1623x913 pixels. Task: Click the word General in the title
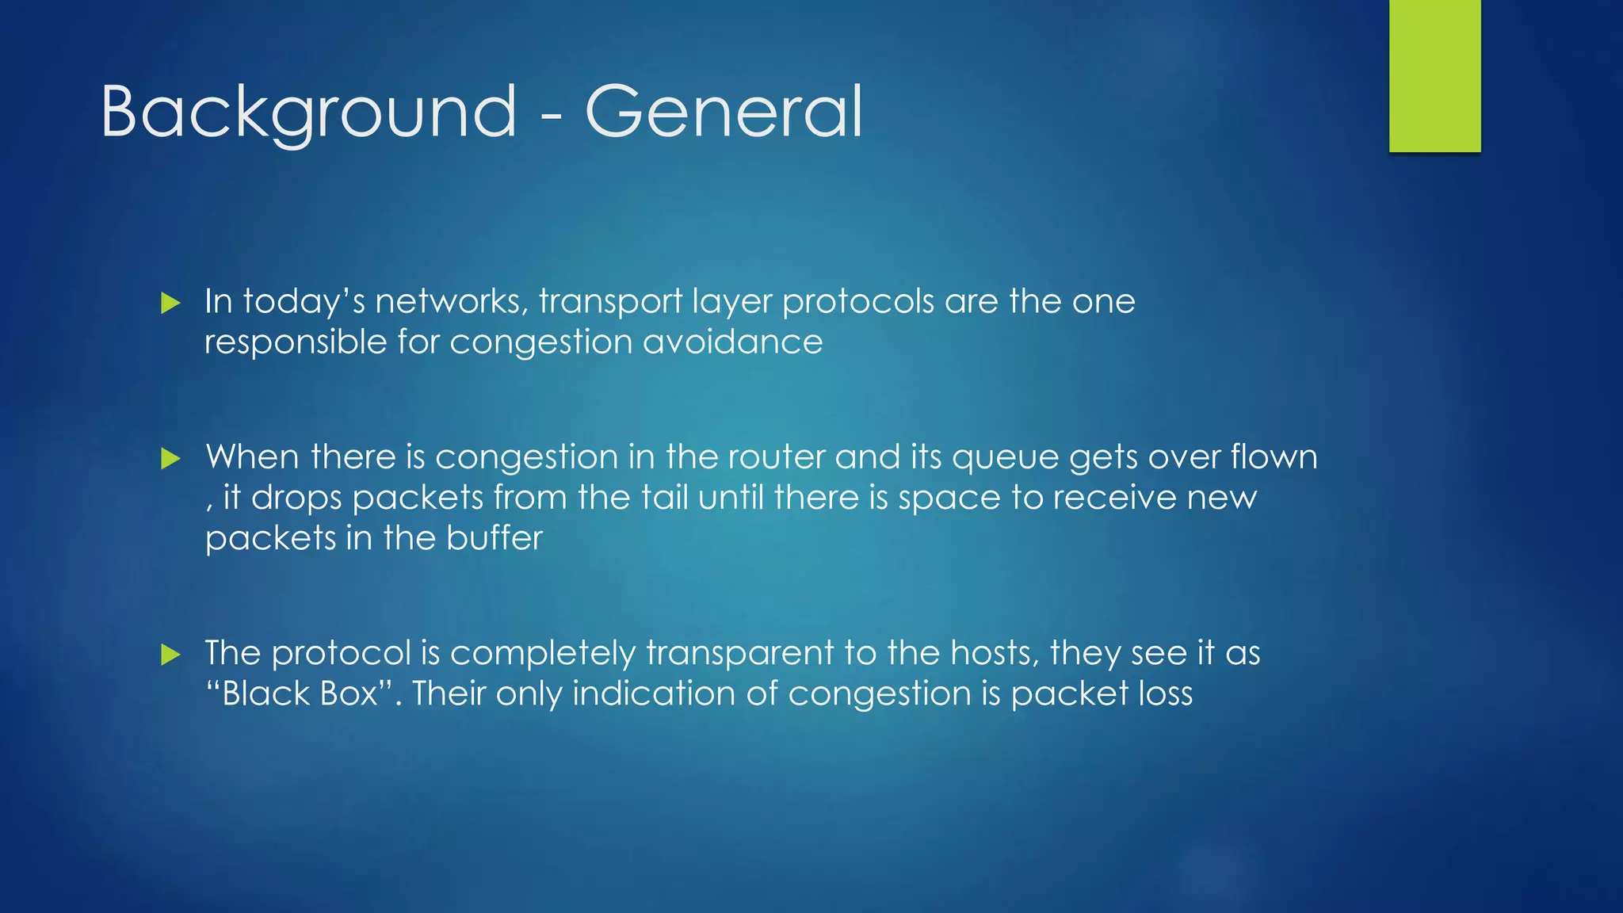723,113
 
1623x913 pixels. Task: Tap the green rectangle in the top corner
1434,75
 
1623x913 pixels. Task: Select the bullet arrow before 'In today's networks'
170,303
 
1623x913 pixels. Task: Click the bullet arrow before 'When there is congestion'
170,458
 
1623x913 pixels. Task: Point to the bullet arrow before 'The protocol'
170,655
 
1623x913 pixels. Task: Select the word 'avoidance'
732,342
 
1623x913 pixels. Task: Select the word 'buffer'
495,538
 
